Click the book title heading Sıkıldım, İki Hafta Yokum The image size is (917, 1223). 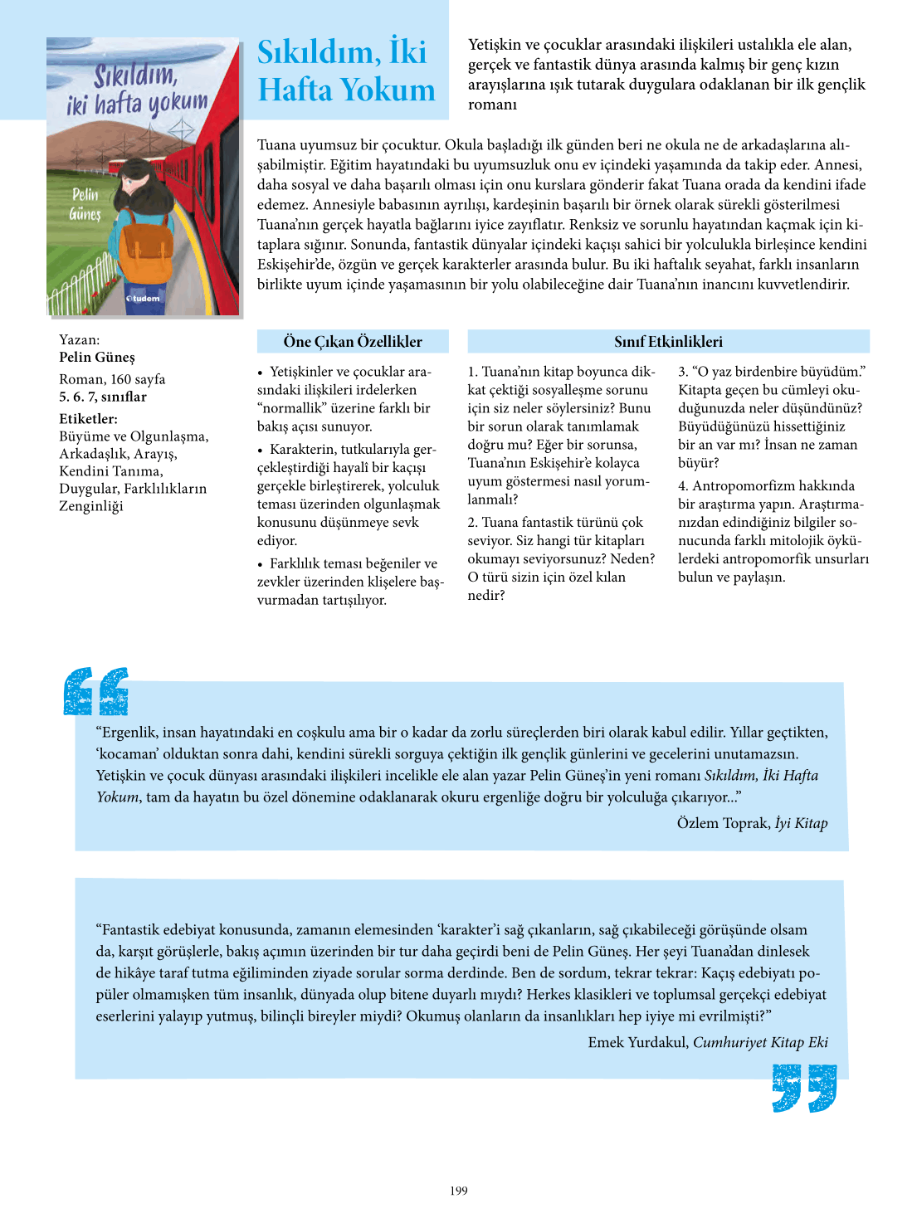pos(345,71)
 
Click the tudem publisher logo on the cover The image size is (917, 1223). pos(144,298)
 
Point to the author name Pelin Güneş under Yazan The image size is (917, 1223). pos(97,358)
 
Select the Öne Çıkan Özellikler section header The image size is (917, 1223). pos(353,341)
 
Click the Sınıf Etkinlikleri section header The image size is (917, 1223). pos(668,341)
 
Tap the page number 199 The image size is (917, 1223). pos(459,1191)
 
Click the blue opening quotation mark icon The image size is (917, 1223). pos(96,691)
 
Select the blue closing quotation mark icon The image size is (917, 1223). pos(803,1088)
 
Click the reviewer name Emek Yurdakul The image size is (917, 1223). pos(637,1042)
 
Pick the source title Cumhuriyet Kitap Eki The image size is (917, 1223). pos(760,1042)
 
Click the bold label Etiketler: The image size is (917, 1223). pos(88,419)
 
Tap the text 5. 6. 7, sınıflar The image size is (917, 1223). pos(103,397)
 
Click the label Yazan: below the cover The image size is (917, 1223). pos(80,340)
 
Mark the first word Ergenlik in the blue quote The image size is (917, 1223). pos(128,733)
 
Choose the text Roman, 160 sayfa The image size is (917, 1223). pos(112,379)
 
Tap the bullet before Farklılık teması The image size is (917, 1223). pos(261,564)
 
